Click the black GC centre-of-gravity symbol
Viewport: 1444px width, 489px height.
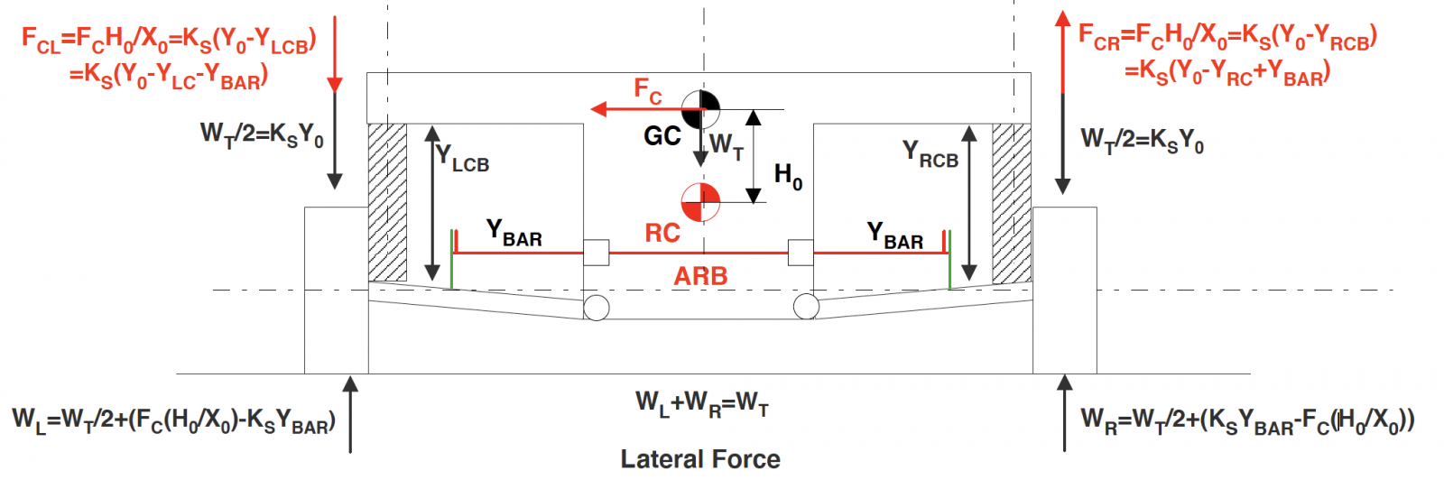click(x=700, y=109)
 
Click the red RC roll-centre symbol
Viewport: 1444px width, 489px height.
click(x=700, y=202)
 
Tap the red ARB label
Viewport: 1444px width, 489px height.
click(x=700, y=276)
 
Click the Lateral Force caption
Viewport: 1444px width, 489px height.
click(x=700, y=459)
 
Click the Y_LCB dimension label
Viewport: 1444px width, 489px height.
click(x=462, y=159)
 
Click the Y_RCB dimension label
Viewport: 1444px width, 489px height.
click(x=930, y=154)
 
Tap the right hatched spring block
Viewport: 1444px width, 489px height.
click(x=1012, y=203)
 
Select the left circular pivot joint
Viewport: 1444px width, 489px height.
click(x=597, y=307)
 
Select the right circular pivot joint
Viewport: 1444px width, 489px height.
click(x=806, y=307)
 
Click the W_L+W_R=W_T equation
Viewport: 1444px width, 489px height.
click(x=702, y=402)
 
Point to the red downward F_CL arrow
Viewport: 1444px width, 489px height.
click(x=335, y=54)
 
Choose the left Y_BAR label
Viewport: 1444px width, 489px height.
click(x=514, y=233)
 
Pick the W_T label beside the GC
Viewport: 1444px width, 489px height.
click(x=727, y=145)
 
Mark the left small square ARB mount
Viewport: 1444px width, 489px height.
click(x=596, y=253)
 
